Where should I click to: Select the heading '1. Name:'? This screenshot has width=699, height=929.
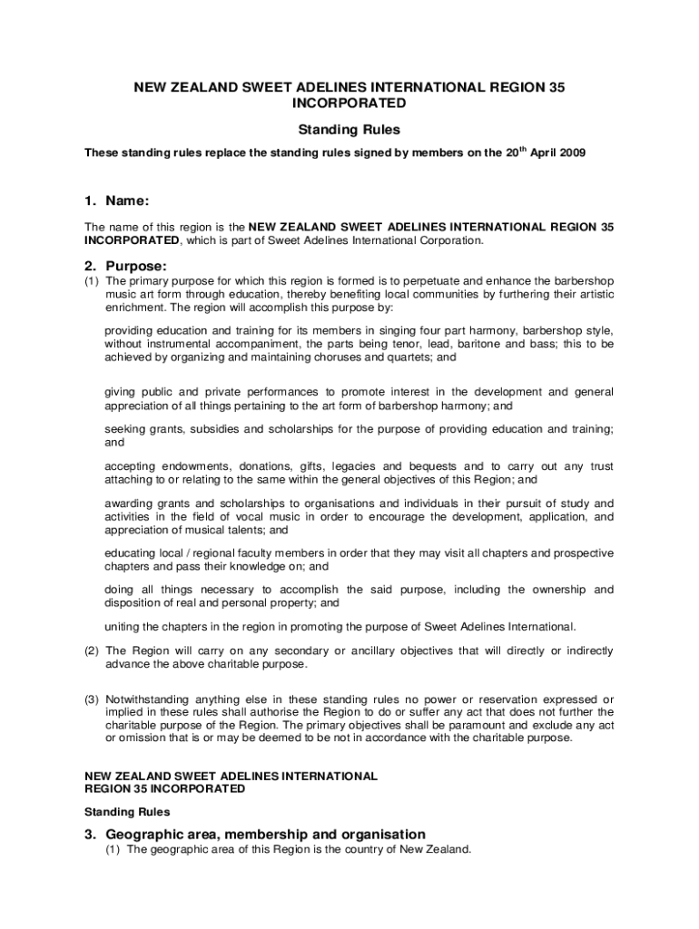pyautogui.click(x=117, y=200)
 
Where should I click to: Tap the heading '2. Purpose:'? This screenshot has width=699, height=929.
pyautogui.click(x=125, y=266)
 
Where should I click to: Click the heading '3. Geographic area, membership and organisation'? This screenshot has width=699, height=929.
pyautogui.click(x=255, y=834)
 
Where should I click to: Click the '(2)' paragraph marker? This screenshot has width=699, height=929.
pyautogui.click(x=92, y=650)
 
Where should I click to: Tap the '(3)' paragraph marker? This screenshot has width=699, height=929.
pyautogui.click(x=92, y=699)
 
